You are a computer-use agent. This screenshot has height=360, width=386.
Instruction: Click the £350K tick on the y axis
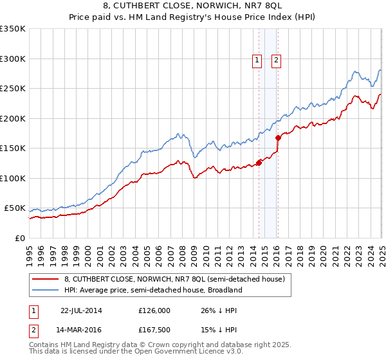[x=13, y=29]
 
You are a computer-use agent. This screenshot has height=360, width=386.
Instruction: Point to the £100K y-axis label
[x=13, y=178]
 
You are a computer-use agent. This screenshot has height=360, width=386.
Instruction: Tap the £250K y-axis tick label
[x=13, y=89]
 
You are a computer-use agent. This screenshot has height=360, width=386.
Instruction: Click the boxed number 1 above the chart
[x=257, y=60]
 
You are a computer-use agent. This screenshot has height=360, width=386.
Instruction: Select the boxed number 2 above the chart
[x=277, y=60]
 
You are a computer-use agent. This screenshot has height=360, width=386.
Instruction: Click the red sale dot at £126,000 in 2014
[x=259, y=163]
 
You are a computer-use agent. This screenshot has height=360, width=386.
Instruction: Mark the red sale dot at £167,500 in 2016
[x=278, y=138]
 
